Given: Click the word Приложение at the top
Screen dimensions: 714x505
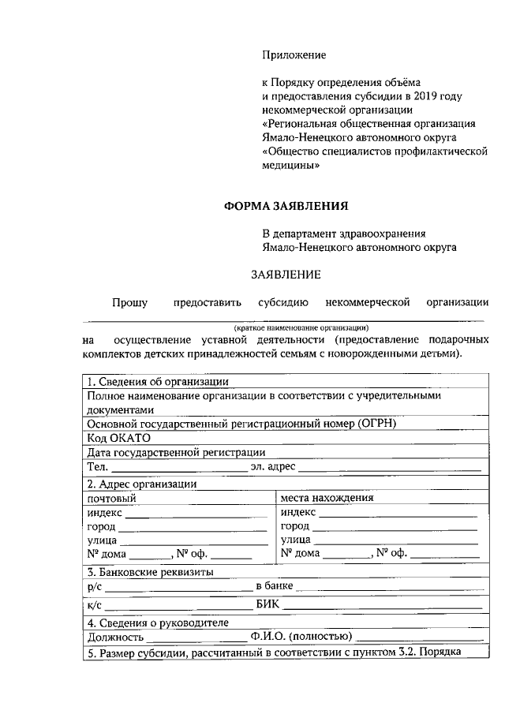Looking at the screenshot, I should coord(294,55).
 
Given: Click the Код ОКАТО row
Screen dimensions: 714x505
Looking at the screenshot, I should coord(119,437).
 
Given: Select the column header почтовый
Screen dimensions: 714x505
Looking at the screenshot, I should coord(111,498).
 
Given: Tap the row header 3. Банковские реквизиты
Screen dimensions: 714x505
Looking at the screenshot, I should coord(149,571).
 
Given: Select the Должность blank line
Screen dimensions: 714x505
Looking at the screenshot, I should coord(196,637).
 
